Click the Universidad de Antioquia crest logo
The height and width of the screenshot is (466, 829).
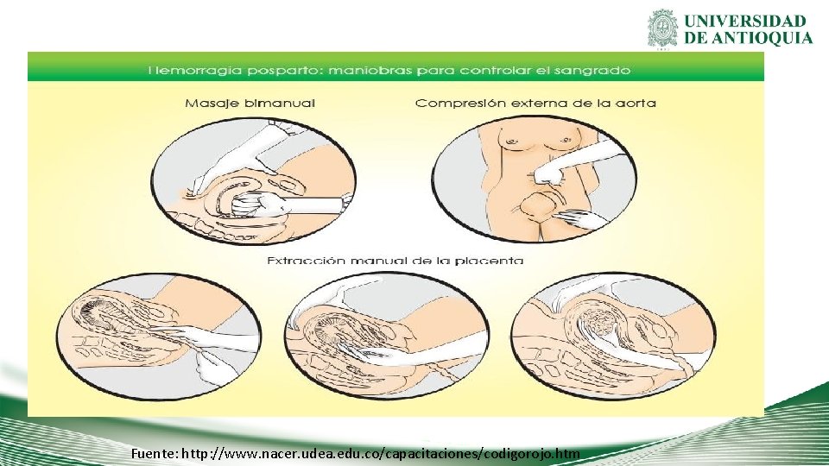pyautogui.click(x=662, y=28)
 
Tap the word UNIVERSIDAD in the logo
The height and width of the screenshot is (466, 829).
pyautogui.click(x=745, y=21)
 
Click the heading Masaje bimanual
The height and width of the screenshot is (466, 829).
pyautogui.click(x=250, y=103)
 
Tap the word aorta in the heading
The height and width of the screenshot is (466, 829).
pyautogui.click(x=636, y=103)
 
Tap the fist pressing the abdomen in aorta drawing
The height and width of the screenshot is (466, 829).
pyautogui.click(x=546, y=173)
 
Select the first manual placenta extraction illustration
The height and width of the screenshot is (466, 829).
pyautogui.click(x=159, y=336)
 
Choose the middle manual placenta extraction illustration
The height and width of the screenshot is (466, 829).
pyautogui.click(x=386, y=336)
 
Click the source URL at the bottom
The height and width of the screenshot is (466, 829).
pyautogui.click(x=381, y=454)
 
